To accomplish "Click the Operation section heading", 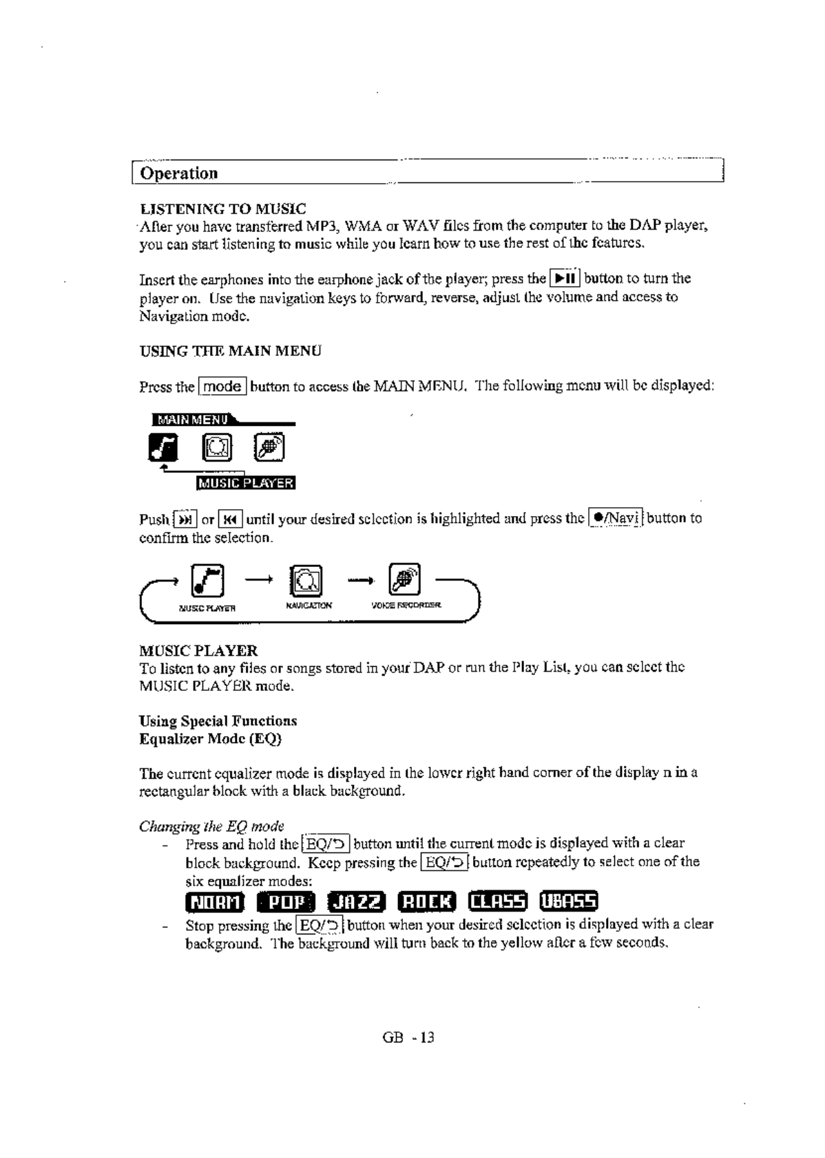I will click(179, 173).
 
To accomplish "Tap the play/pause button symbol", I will click(565, 279).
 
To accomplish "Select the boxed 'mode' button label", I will click(222, 387).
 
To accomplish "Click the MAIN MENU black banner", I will click(193, 420).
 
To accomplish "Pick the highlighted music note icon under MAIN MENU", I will click(163, 449).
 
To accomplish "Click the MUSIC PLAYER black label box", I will click(246, 483).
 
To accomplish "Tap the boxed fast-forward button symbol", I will click(185, 519).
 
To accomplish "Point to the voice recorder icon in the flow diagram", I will click(404, 579).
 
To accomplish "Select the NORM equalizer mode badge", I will click(215, 902).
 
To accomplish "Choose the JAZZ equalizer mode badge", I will click(356, 902).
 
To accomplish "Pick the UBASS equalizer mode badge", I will click(570, 901).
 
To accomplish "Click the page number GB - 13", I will click(408, 1038).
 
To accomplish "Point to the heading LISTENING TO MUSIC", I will click(223, 208).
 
